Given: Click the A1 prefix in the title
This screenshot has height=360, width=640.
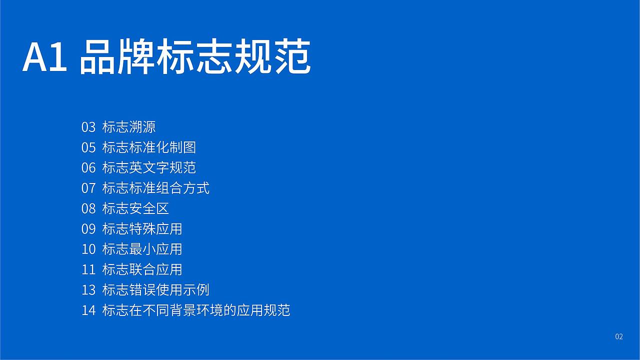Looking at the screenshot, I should [x=44, y=57].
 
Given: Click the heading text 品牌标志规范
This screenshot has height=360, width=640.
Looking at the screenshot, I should [x=195, y=57].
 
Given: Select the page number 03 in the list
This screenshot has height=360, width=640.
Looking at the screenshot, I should [x=88, y=127].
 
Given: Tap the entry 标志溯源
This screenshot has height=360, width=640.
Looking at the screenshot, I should [x=129, y=127].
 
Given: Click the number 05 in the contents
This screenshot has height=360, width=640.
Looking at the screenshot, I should [x=88, y=147].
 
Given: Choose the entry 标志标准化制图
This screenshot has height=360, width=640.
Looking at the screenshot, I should [x=149, y=147].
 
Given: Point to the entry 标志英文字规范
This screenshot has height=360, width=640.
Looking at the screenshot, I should [x=149, y=167].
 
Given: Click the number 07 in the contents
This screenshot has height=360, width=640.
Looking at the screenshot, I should [x=88, y=188].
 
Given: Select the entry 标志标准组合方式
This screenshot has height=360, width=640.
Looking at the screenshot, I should [x=155, y=188].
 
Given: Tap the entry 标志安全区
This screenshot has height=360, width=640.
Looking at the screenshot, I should [x=135, y=208].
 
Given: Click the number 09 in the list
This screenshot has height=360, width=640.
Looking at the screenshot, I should [x=88, y=229].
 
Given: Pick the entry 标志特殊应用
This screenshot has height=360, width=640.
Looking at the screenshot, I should [x=142, y=229].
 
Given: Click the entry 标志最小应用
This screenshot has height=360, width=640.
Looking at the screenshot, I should [x=142, y=249].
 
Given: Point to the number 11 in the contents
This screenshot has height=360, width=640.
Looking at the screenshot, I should [x=88, y=269].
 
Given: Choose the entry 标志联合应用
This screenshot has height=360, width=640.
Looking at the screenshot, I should [x=142, y=269].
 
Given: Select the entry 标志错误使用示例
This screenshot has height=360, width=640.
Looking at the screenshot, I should [x=155, y=290].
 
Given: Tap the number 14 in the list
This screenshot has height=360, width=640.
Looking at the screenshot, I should [x=88, y=310].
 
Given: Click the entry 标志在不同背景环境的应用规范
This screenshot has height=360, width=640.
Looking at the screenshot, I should [x=196, y=310].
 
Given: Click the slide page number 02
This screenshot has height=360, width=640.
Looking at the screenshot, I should [x=619, y=337].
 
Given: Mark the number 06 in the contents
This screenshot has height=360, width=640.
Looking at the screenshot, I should [x=88, y=167].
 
